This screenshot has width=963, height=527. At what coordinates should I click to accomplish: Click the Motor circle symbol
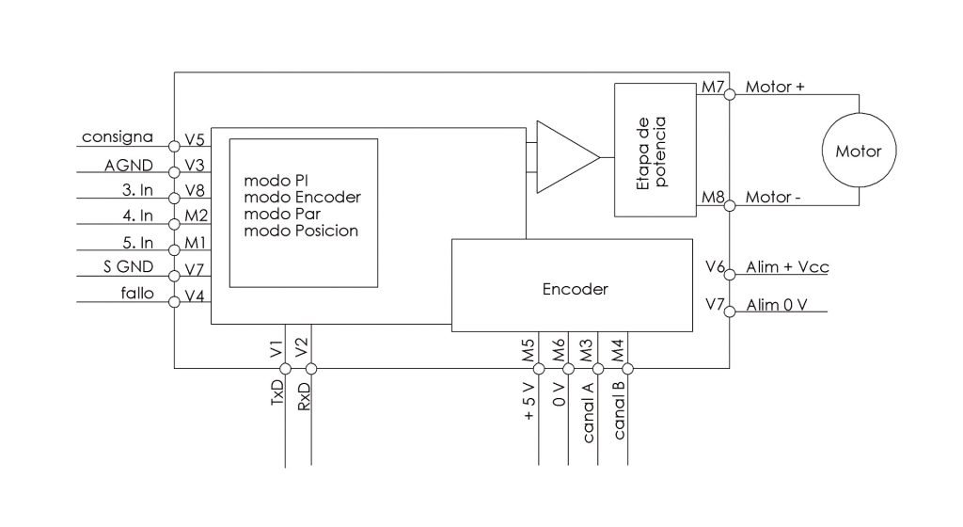point(859,151)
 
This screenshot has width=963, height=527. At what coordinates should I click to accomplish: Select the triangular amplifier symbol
point(564,156)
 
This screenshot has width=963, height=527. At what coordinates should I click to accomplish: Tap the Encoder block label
point(576,290)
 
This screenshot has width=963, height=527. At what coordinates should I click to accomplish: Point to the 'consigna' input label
point(118,136)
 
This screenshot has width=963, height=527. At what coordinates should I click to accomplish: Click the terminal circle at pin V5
point(174,146)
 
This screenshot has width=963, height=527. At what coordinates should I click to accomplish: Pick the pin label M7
point(712,88)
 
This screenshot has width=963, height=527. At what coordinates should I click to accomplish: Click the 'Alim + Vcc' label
point(786,267)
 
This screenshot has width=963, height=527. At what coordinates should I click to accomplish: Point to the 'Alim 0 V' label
point(780,305)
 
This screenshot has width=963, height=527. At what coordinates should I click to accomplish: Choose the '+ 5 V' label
point(529,400)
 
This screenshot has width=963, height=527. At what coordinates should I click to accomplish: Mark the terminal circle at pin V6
point(731,276)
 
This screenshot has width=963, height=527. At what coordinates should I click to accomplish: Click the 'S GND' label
point(122,266)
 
